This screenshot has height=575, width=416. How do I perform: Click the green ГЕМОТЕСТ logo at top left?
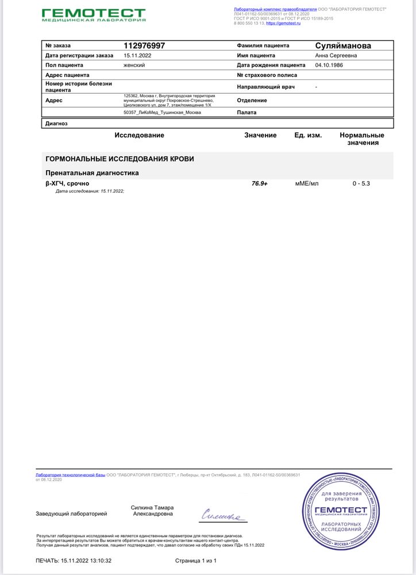click(94, 15)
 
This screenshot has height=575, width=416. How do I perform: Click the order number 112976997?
click(148, 45)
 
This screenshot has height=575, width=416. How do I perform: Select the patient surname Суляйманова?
click(343, 45)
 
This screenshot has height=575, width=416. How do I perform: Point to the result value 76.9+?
click(260, 183)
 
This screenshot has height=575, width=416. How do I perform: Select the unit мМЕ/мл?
click(307, 183)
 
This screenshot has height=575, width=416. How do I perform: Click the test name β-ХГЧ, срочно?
click(67, 183)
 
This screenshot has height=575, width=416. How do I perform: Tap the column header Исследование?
click(139, 135)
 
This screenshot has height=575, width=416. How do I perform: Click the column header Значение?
click(260, 135)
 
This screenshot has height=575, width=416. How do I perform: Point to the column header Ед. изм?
click(308, 135)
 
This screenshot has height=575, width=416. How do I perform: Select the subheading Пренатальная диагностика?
click(92, 172)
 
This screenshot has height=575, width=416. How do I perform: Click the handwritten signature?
click(223, 516)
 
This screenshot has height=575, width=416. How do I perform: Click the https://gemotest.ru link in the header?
click(284, 23)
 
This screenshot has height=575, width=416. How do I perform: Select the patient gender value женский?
click(134, 65)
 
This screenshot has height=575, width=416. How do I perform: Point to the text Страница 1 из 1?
click(195, 560)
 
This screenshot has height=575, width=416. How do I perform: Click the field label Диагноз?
click(56, 123)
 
